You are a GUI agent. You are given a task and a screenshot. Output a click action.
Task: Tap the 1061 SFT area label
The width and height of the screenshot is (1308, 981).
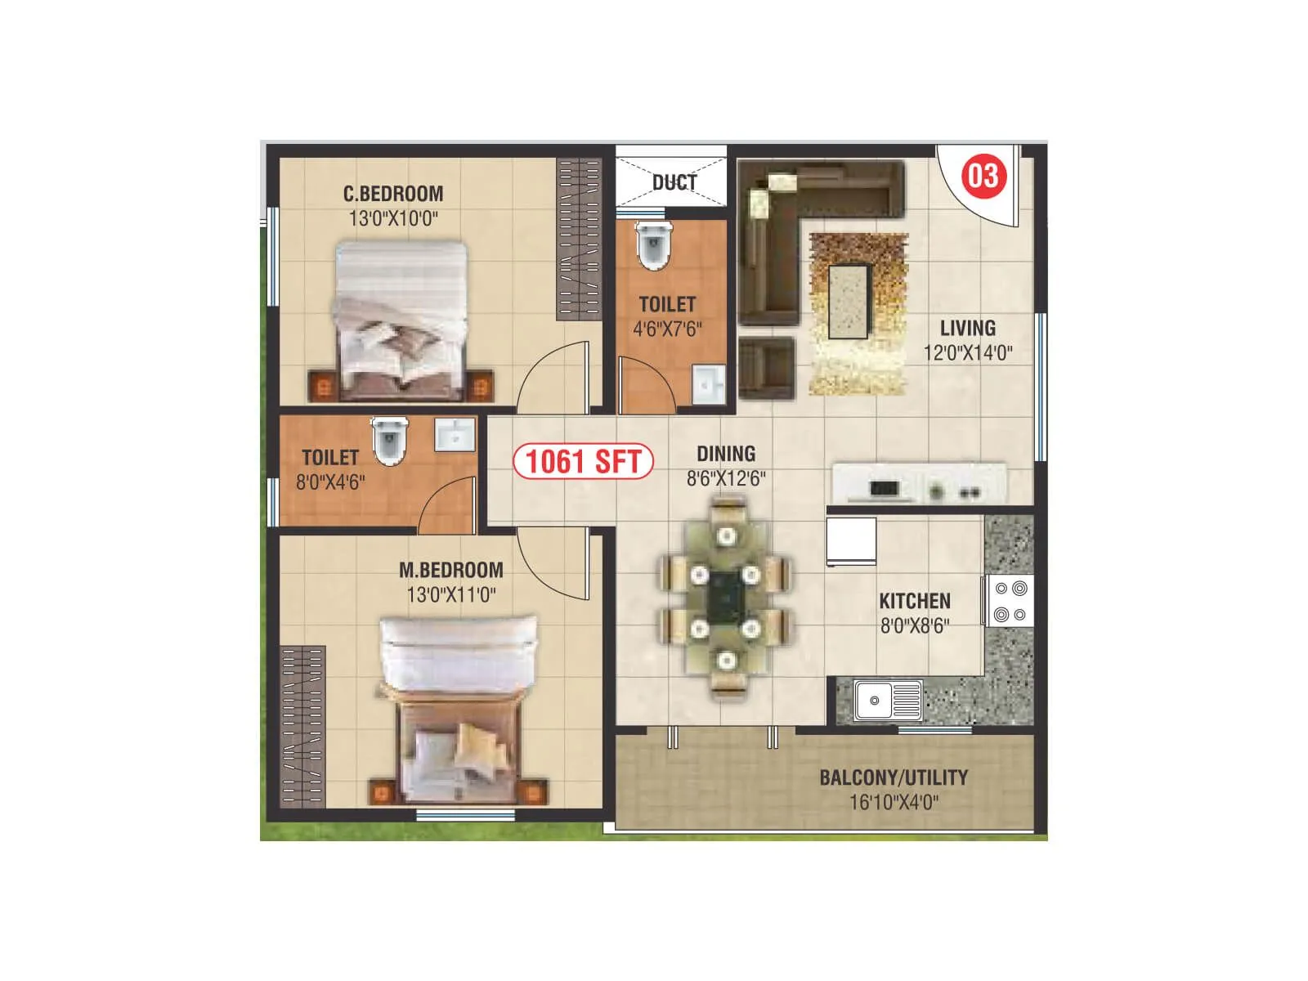pos(583,461)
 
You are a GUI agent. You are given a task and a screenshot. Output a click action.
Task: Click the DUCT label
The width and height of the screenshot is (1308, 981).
pos(674,182)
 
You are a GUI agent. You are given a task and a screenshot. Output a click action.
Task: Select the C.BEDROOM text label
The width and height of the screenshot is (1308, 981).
pos(393,194)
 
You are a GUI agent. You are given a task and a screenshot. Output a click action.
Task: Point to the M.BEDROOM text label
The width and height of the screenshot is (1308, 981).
pos(451,570)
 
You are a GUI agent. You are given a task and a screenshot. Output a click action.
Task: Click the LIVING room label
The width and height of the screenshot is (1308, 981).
pos(968,329)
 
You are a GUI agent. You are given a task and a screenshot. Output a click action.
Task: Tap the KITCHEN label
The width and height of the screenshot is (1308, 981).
pos(915,602)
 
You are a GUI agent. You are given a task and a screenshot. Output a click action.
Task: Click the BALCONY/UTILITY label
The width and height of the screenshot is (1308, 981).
pos(894,777)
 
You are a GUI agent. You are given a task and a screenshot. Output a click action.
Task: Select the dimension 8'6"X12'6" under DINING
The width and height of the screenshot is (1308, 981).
pos(726,479)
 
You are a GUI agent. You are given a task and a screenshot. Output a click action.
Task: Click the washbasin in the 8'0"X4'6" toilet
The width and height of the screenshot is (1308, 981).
pos(455,435)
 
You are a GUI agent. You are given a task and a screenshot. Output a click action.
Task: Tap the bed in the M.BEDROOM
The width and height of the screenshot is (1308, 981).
pos(459,707)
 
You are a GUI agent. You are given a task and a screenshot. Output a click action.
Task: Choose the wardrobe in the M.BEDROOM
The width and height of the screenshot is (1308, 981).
pos(302,724)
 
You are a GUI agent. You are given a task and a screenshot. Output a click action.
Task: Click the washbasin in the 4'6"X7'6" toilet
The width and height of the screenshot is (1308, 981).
pos(708,384)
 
